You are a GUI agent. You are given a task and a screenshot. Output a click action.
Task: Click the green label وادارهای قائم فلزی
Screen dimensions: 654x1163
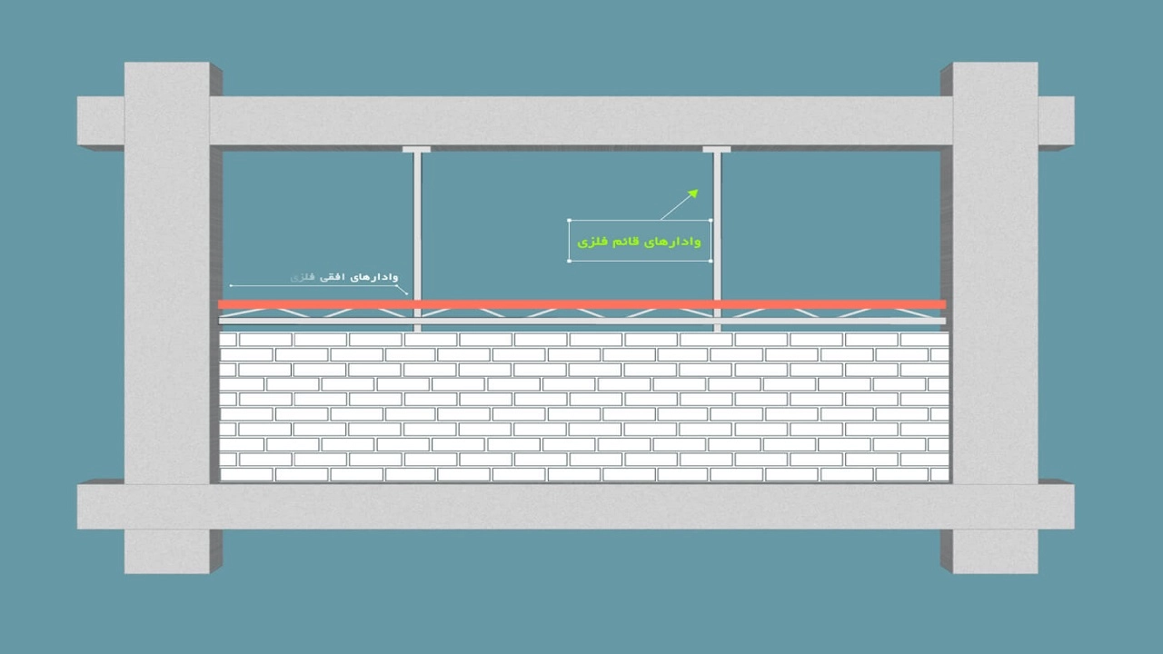click(x=641, y=242)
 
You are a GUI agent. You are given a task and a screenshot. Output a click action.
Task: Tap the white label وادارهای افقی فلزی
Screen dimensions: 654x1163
click(x=344, y=276)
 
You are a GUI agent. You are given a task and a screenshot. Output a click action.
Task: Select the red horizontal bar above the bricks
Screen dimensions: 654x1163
click(x=581, y=304)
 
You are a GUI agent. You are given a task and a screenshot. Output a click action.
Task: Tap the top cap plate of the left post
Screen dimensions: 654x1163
click(x=417, y=148)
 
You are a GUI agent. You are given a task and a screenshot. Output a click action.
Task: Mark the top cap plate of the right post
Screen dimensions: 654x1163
click(x=717, y=148)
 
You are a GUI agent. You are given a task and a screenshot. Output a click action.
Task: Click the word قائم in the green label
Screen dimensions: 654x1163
click(x=629, y=242)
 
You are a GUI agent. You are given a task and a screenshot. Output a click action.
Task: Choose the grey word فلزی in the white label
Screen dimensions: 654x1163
click(x=301, y=276)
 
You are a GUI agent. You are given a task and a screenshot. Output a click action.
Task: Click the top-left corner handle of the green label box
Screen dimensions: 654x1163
click(x=570, y=220)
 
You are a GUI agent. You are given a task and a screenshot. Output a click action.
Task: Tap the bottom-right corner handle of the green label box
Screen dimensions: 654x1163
click(x=711, y=261)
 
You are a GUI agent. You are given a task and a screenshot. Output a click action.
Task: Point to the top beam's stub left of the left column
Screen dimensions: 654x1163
click(x=100, y=121)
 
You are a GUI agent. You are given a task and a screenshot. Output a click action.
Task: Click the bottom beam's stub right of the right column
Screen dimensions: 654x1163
click(x=1056, y=506)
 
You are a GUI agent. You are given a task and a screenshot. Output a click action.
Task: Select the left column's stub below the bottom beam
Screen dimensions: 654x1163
click(x=167, y=551)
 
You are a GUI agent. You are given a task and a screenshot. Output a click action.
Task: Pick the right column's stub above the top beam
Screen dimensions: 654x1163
click(x=995, y=79)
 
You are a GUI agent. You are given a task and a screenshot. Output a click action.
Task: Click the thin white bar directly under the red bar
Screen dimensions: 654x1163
click(x=581, y=321)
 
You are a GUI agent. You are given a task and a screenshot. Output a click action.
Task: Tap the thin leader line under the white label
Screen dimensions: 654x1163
click(x=318, y=286)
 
